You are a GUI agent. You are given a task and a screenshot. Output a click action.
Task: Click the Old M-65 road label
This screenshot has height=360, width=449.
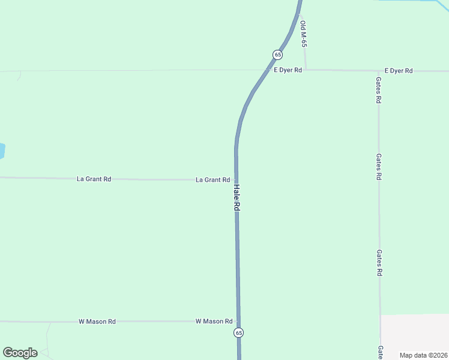pos(304,35)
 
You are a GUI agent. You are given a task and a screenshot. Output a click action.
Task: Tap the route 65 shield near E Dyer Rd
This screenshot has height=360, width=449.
pos(277,55)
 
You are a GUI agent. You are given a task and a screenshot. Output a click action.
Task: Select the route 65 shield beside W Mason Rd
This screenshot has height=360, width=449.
pos(239,332)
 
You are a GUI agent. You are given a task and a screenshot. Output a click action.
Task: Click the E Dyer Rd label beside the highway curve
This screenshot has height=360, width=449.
pos(288,70)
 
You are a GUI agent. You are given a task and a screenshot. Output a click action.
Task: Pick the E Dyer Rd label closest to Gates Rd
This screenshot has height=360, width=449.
pos(399,71)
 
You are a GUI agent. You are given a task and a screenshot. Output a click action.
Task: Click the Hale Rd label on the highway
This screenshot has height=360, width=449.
pos(237,196)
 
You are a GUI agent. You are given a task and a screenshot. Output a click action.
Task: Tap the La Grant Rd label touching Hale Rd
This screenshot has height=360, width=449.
pos(213,180)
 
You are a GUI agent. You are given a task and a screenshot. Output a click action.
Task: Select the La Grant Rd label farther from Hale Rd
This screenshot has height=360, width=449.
pos(94,179)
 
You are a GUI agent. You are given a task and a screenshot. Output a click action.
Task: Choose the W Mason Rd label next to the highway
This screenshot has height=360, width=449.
pos(214,322)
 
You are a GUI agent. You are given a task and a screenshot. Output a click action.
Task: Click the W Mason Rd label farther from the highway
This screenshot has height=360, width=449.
pos(97,322)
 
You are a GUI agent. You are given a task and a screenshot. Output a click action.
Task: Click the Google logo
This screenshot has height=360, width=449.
pos(20,353)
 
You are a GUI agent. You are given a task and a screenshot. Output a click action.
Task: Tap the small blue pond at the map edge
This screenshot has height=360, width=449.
pos(2,151)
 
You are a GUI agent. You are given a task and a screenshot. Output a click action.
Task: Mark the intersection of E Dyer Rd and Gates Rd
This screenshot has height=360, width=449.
pos(378,71)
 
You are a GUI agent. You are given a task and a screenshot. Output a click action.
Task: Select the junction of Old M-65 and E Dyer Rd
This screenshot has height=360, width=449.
pos(306,70)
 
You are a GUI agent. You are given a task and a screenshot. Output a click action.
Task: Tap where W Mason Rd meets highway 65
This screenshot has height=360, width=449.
pos(238,322)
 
